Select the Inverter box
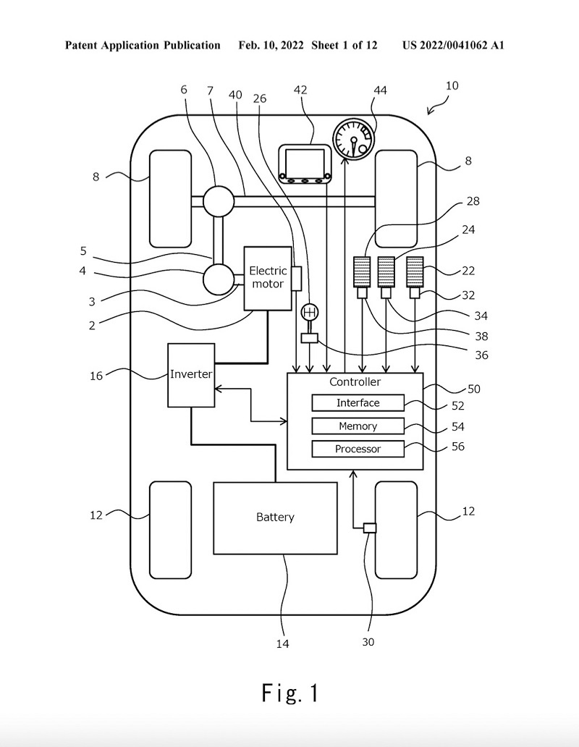tap(191, 375)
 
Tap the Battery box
tap(275, 518)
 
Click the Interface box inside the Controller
tap(358, 403)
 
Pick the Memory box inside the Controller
tap(358, 426)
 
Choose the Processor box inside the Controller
tap(358, 449)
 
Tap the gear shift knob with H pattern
tap(310, 313)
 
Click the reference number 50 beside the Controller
tap(474, 389)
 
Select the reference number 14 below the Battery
tap(283, 643)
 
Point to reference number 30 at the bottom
tap(368, 641)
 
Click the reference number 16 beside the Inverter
tap(96, 376)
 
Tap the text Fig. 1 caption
tap(290, 693)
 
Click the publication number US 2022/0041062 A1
tap(453, 46)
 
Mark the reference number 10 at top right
tap(452, 85)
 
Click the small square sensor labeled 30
tap(370, 528)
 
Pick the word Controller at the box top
tap(355, 382)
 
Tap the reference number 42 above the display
tap(300, 90)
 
